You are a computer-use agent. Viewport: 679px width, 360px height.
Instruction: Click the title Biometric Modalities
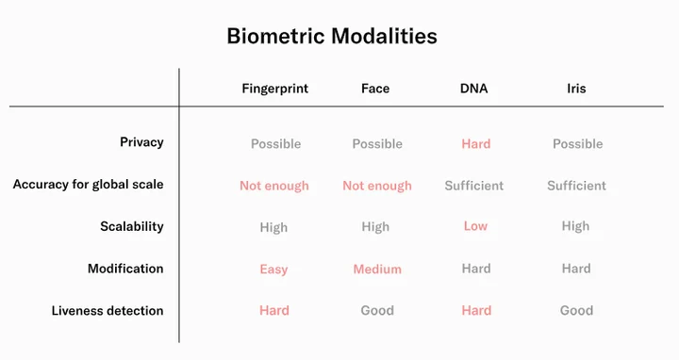[x=332, y=36]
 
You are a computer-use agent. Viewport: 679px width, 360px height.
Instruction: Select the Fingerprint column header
[x=275, y=90]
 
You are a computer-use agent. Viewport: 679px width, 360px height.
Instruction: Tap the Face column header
[x=375, y=89]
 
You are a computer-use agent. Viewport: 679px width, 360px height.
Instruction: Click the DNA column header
[x=473, y=89]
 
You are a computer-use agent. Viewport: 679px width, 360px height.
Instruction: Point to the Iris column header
[x=576, y=89]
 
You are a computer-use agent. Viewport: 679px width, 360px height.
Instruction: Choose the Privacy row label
[x=141, y=142]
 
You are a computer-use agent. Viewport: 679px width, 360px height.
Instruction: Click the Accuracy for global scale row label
[x=89, y=185]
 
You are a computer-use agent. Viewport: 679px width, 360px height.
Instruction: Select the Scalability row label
[x=132, y=227]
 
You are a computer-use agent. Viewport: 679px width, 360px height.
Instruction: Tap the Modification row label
[x=125, y=269]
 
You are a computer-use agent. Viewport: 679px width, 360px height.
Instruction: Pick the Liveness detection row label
[x=108, y=311]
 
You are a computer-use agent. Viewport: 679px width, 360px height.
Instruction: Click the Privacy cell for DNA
[x=476, y=143]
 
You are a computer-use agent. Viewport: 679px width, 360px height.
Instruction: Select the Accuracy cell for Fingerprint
[x=274, y=186]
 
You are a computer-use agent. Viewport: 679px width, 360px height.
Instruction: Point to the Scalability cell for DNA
[x=475, y=226]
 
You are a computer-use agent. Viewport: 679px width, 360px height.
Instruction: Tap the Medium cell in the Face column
[x=377, y=270]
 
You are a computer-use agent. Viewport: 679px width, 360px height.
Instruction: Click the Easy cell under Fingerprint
[x=273, y=270]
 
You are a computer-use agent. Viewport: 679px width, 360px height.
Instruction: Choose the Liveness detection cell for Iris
[x=576, y=311]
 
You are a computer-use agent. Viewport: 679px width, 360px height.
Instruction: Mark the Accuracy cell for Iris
[x=576, y=186]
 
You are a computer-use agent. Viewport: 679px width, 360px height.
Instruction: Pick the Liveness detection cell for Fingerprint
[x=274, y=311]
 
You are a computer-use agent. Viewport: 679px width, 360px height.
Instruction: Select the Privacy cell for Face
[x=377, y=143]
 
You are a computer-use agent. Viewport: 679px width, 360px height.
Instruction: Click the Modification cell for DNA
[x=476, y=269]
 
